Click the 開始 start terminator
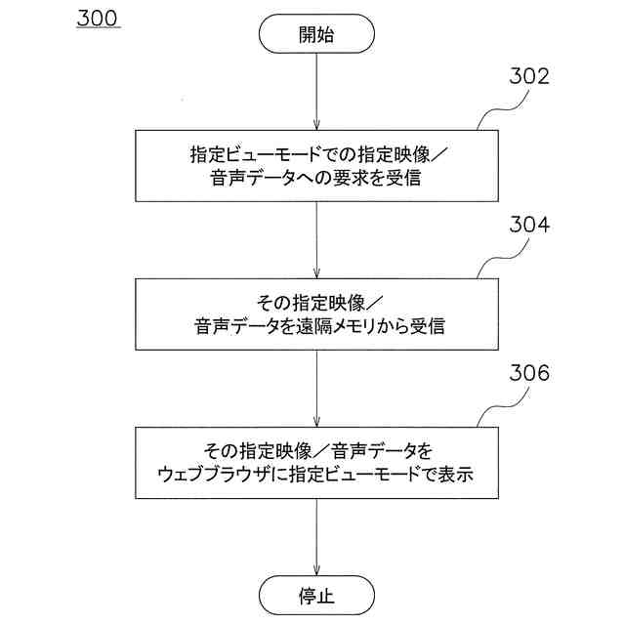pyautogui.click(x=316, y=35)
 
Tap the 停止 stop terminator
pyautogui.click(x=316, y=593)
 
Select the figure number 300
pyautogui.click(x=98, y=20)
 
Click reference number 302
pyautogui.click(x=528, y=78)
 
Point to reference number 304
pyautogui.click(x=529, y=226)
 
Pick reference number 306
pyautogui.click(x=529, y=374)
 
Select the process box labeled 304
pyautogui.click(x=316, y=313)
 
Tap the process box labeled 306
pyautogui.click(x=316, y=463)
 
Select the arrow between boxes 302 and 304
pyautogui.click(x=316, y=239)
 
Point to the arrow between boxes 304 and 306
pyautogui.click(x=316, y=388)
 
